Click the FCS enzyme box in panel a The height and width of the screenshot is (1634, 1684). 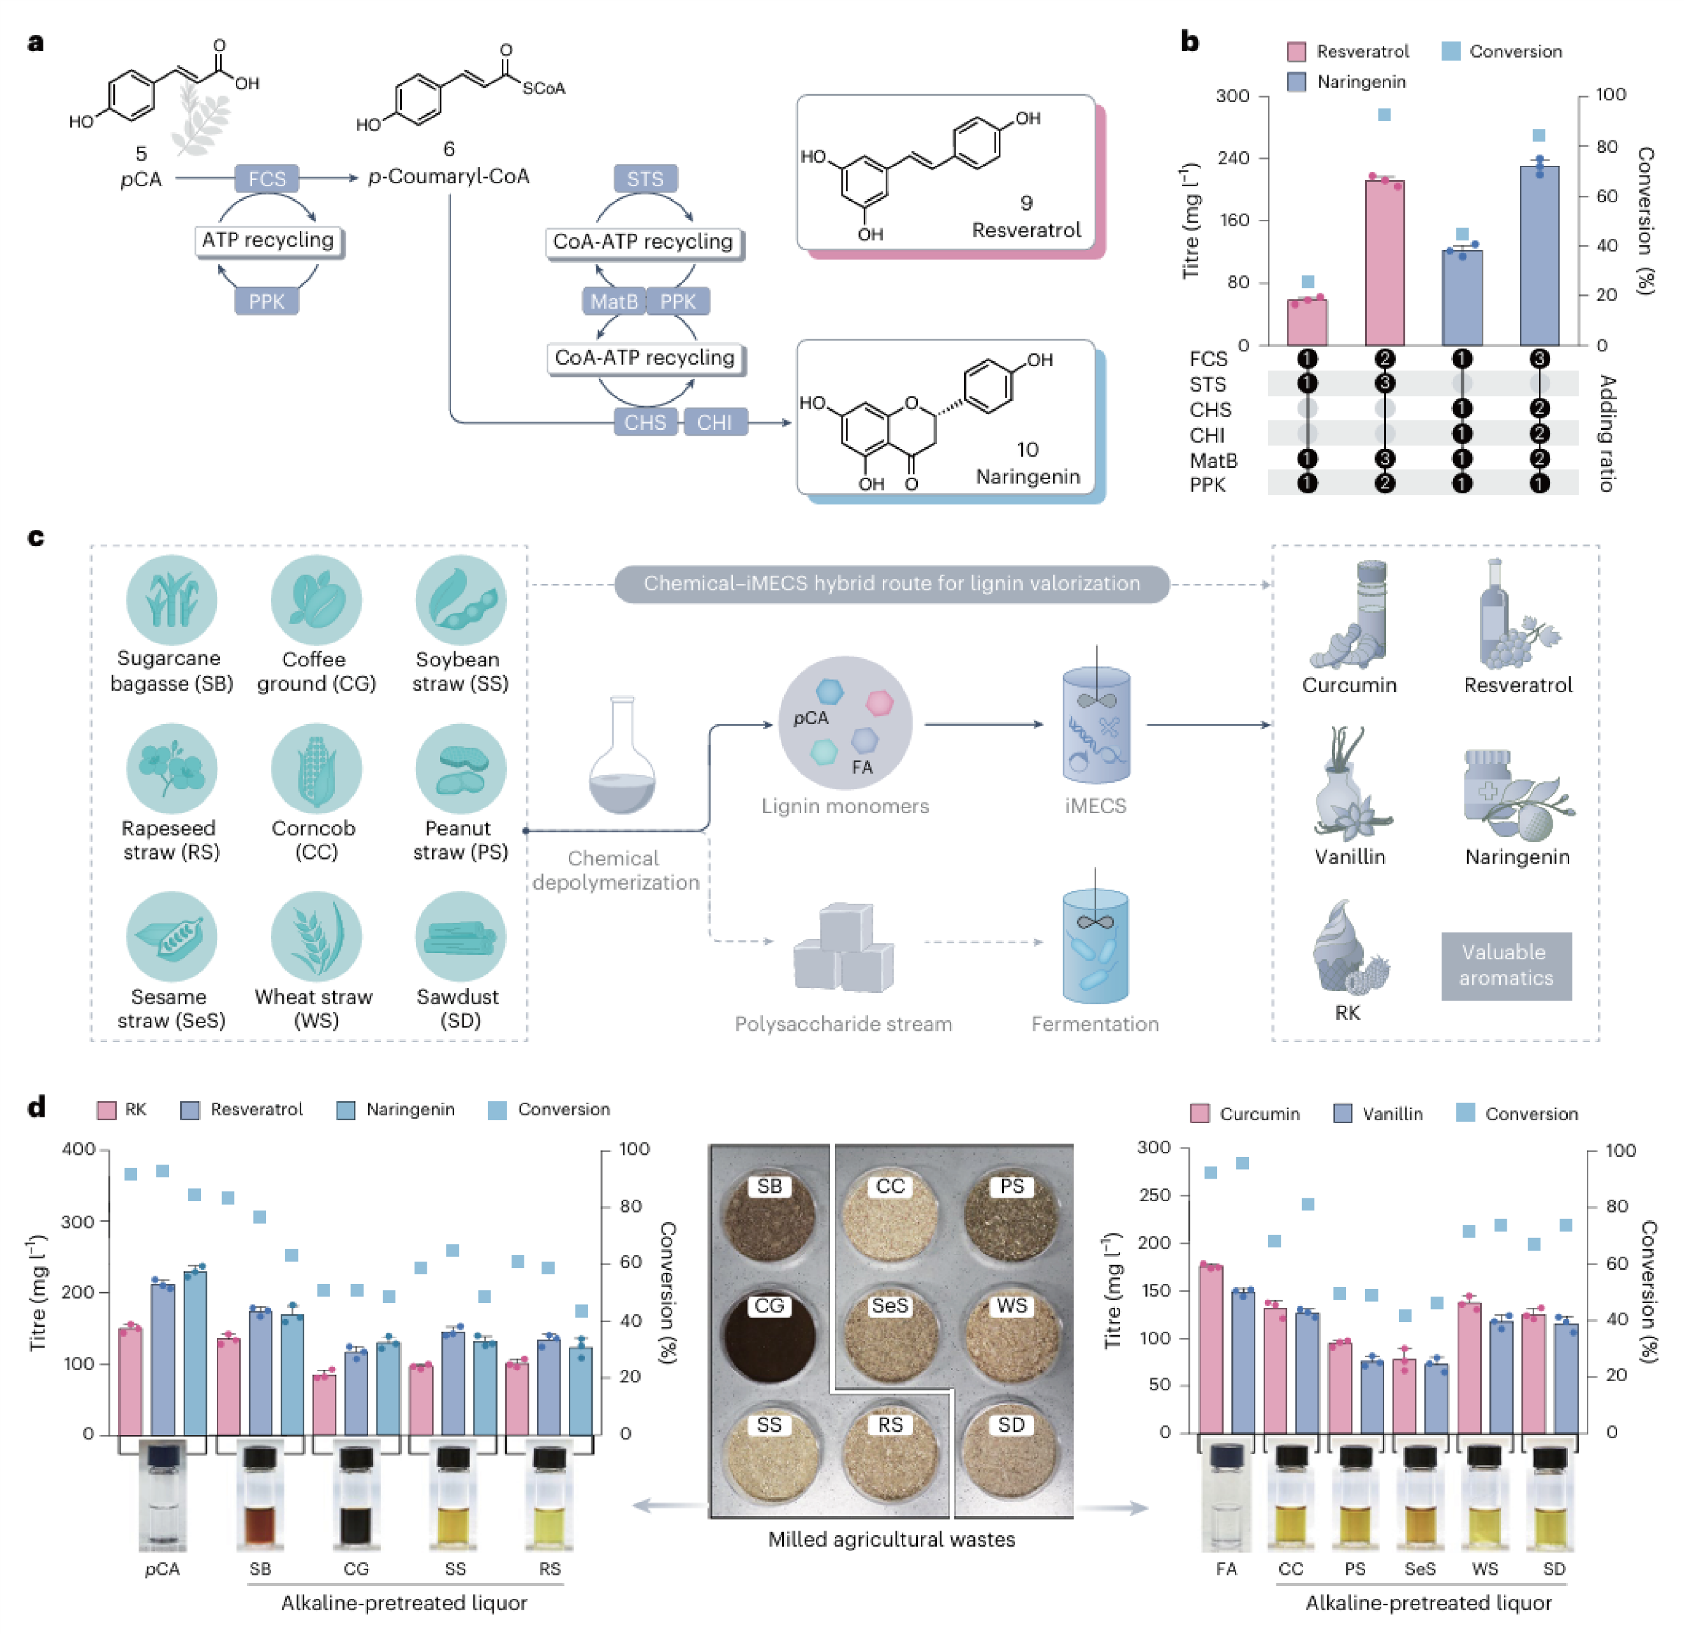click(267, 179)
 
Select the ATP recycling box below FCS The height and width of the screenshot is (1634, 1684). click(268, 240)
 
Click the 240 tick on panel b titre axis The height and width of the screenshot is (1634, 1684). click(1233, 158)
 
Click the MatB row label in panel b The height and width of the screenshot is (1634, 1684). click(1213, 460)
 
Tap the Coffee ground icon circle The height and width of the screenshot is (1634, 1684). click(315, 600)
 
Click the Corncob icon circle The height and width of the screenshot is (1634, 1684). click(315, 767)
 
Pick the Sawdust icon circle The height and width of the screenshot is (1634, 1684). click(461, 936)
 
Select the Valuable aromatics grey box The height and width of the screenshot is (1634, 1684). click(1506, 966)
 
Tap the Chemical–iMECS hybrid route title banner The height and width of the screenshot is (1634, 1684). click(892, 584)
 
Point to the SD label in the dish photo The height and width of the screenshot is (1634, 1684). click(1011, 1425)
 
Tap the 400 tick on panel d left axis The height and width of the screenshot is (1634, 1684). click(78, 1149)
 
